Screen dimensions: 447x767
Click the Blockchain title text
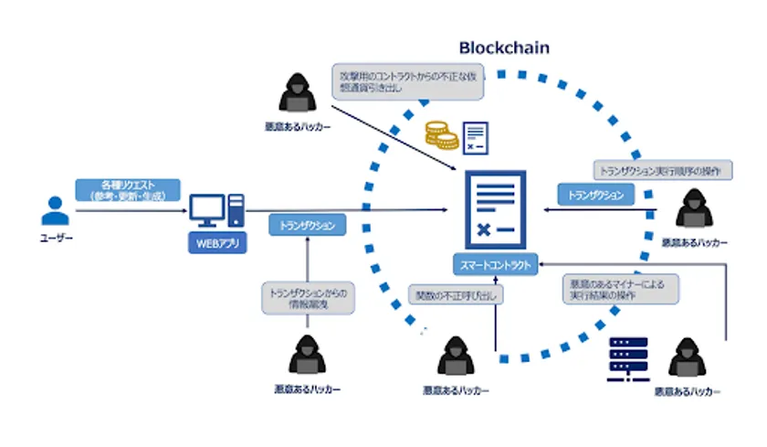(x=504, y=48)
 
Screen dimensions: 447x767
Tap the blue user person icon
(x=51, y=213)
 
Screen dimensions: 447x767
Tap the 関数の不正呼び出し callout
(x=455, y=294)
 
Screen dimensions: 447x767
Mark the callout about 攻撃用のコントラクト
(x=408, y=81)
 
